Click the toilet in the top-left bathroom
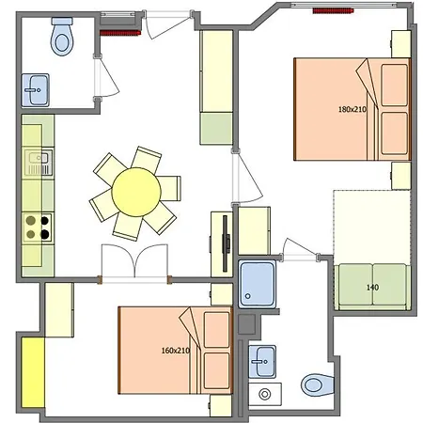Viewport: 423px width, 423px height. [x=62, y=36]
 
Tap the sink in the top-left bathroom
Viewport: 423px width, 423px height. [x=36, y=90]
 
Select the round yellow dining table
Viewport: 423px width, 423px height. [x=136, y=192]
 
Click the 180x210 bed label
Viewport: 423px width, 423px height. [x=352, y=109]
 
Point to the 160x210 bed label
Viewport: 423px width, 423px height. [x=176, y=351]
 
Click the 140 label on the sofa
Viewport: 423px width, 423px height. [x=372, y=287]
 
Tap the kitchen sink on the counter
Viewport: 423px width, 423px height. [x=39, y=163]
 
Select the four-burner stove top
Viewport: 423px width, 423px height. [x=38, y=227]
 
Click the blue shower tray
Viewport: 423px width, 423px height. [x=258, y=284]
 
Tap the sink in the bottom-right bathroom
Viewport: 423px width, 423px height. [x=262, y=362]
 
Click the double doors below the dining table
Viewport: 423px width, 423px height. [x=134, y=261]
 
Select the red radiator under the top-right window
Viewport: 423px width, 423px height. [x=333, y=11]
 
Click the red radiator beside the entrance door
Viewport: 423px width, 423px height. [x=120, y=33]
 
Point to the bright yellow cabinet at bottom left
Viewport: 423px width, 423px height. [x=33, y=372]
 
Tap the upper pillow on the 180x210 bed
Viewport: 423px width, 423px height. [x=395, y=85]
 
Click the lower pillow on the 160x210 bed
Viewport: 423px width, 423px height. [x=217, y=370]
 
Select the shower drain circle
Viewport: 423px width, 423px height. [x=248, y=296]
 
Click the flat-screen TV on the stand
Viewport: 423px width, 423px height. [x=226, y=243]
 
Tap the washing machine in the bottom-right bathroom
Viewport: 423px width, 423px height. [x=265, y=394]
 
